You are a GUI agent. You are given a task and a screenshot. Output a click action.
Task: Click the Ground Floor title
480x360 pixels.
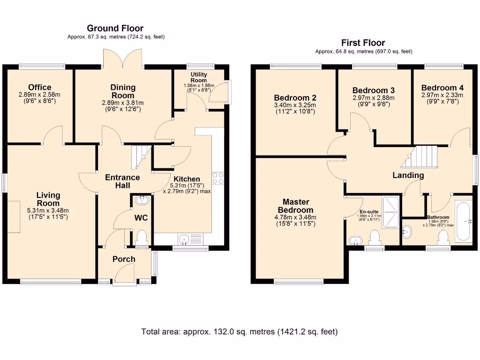pos(115,29)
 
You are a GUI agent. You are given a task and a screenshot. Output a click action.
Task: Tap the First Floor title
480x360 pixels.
pos(363,43)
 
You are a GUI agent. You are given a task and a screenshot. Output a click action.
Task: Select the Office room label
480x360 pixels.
pos(39,88)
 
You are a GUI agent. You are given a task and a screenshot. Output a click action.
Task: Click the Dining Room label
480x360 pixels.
pos(123,91)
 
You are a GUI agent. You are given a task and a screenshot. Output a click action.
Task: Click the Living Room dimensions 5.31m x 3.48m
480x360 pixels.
pos(48,210)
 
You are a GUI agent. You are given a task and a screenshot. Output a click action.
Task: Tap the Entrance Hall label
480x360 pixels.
pos(122,181)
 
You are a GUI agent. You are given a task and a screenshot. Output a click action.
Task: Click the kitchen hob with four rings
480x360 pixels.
pos(218,178)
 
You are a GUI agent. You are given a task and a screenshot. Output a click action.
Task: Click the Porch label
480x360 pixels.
pos(124,259)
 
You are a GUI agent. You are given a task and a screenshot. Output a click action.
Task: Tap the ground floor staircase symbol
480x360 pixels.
pos(140,156)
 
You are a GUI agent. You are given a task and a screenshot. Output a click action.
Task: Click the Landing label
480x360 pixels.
pos(408,175)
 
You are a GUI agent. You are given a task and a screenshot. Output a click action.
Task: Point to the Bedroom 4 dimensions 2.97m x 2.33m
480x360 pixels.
pos(442,95)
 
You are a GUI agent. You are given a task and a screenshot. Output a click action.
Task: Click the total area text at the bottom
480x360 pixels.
pos(240,332)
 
